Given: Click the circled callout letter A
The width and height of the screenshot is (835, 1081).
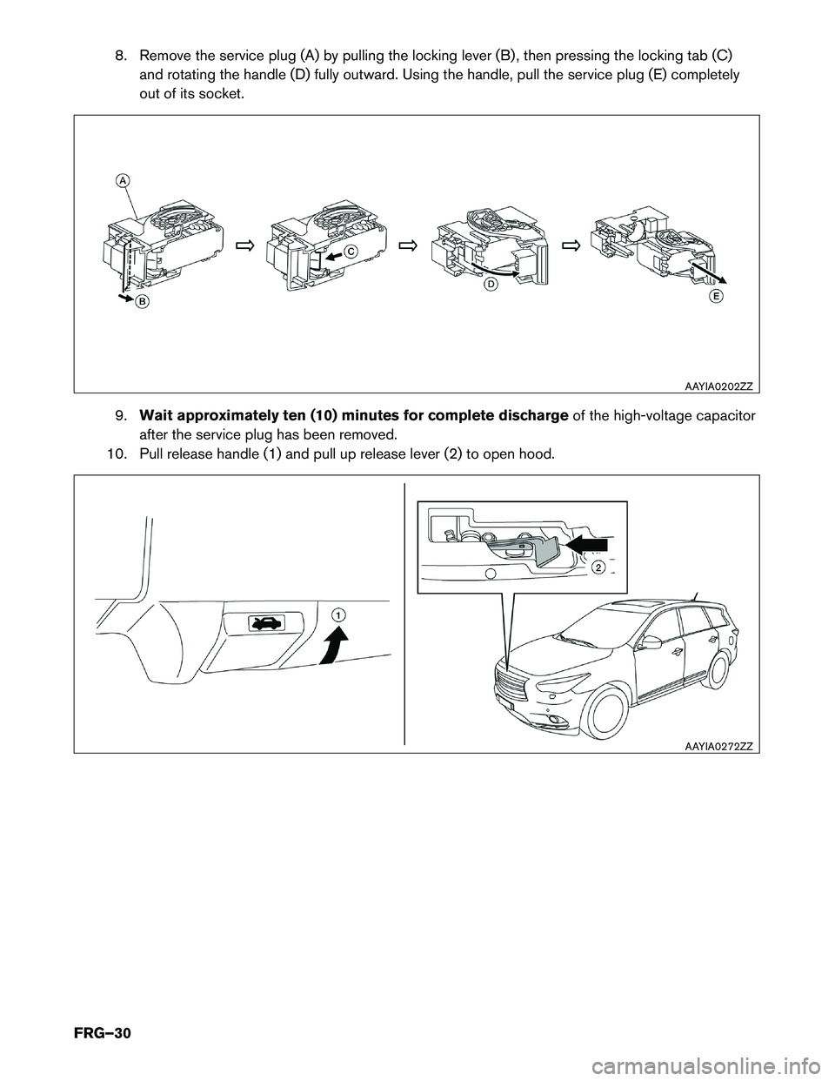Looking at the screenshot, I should tap(124, 180).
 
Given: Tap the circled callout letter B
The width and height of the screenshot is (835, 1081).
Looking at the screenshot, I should tap(141, 301).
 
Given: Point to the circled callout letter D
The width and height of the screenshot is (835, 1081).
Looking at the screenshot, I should tap(491, 284).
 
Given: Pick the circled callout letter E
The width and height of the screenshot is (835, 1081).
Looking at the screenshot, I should tap(714, 296).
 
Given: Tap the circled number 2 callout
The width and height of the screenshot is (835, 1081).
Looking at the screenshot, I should tap(598, 567).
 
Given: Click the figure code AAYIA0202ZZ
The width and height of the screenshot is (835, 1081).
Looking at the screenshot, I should tap(718, 384).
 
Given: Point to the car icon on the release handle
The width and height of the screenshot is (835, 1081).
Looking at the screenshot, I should tap(264, 622).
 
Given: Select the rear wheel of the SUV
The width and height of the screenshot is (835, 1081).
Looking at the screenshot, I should tap(720, 669).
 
